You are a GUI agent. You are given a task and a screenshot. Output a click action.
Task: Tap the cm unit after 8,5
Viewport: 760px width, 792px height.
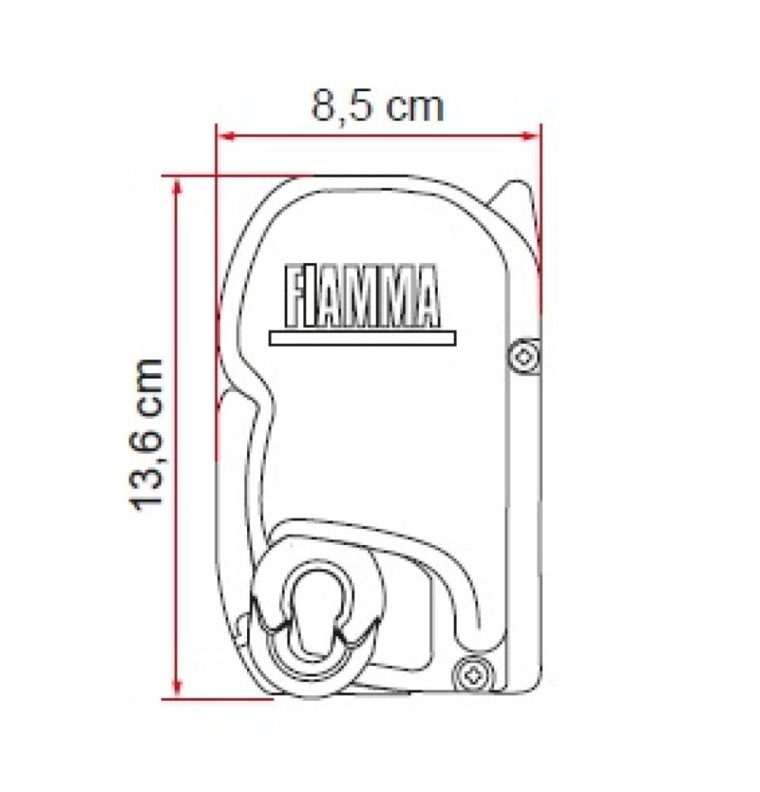pyautogui.click(x=411, y=105)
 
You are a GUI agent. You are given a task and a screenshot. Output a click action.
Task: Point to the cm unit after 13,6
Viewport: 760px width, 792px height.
pyautogui.click(x=148, y=389)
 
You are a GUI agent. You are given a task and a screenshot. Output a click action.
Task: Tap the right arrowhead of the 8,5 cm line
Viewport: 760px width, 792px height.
pyautogui.click(x=533, y=136)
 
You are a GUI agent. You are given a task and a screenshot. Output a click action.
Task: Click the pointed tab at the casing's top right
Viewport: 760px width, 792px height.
pyautogui.click(x=515, y=198)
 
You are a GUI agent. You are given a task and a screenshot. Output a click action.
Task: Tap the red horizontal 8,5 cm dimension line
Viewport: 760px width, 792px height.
pyautogui.click(x=378, y=136)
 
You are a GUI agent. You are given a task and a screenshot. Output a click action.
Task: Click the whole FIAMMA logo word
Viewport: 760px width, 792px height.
pyautogui.click(x=361, y=299)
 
